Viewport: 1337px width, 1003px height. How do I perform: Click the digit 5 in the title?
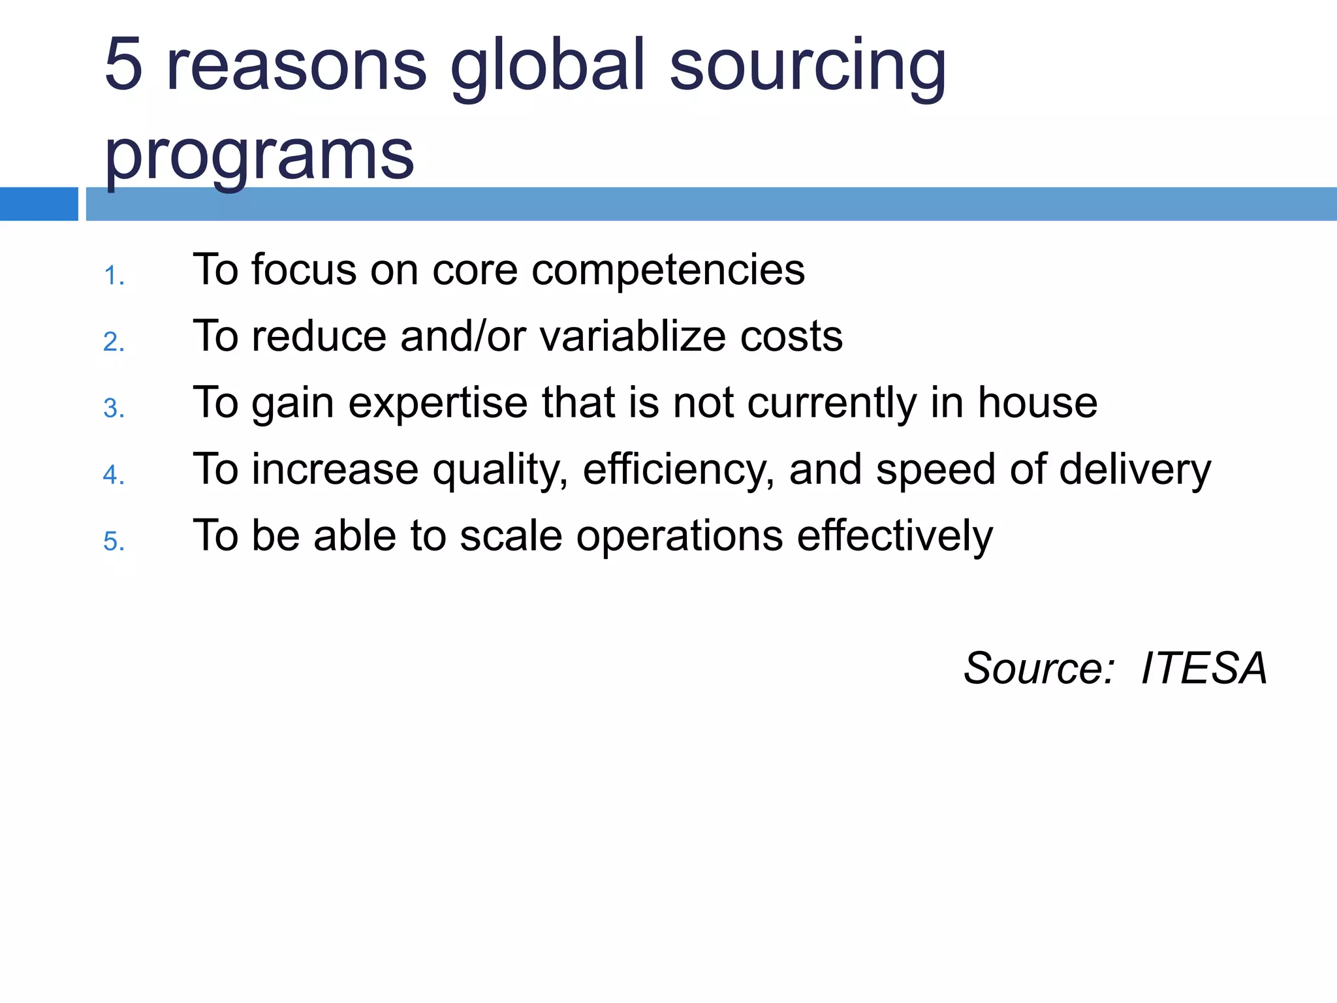pos(123,65)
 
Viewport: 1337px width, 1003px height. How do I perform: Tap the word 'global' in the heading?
pos(548,65)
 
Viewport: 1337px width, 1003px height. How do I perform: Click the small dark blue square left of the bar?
pos(39,204)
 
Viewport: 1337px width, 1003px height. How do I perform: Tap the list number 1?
pos(114,276)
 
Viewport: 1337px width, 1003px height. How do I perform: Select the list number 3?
pos(114,409)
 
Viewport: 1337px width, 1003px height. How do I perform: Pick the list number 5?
pos(114,542)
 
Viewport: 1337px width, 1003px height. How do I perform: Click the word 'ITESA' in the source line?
pos(1204,668)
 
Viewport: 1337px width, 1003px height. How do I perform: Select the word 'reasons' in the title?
pos(296,65)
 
